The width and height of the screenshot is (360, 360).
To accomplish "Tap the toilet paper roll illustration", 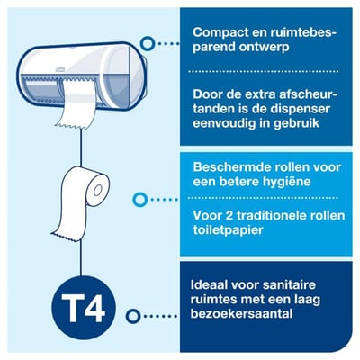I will (81, 202).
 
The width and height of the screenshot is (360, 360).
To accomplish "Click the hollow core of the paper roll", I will (97, 192).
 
